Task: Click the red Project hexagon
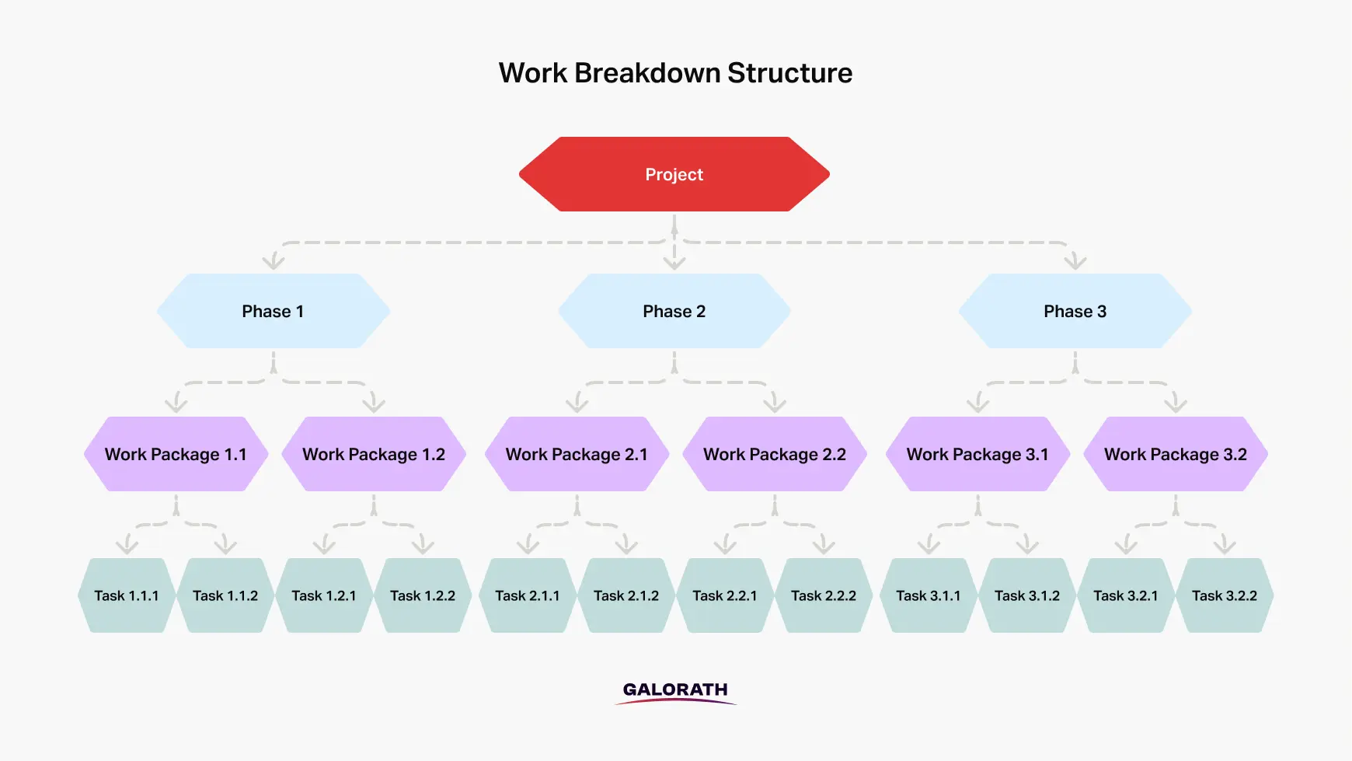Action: pyautogui.click(x=674, y=174)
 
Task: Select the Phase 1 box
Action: pyautogui.click(x=274, y=311)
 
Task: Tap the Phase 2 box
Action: pyautogui.click(x=674, y=311)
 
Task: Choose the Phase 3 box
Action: pyautogui.click(x=1075, y=311)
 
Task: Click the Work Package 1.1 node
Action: pyautogui.click(x=176, y=454)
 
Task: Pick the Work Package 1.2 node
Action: pyautogui.click(x=374, y=454)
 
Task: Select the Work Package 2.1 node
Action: pyautogui.click(x=577, y=454)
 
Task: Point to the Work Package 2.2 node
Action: pyautogui.click(x=775, y=454)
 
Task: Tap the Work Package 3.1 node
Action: pyautogui.click(x=978, y=454)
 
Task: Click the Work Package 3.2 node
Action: pyautogui.click(x=1176, y=454)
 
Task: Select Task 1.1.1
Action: pyautogui.click(x=127, y=595)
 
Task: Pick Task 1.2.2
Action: pyautogui.click(x=423, y=595)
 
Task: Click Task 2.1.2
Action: pyautogui.click(x=626, y=595)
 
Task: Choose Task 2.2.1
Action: pyautogui.click(x=725, y=595)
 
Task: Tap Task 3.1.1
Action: pyautogui.click(x=929, y=595)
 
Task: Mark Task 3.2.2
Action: pyautogui.click(x=1225, y=595)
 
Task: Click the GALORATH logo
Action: pyautogui.click(x=675, y=692)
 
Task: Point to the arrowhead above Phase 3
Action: pyautogui.click(x=1075, y=261)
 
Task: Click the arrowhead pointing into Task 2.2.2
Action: pyautogui.click(x=824, y=546)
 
